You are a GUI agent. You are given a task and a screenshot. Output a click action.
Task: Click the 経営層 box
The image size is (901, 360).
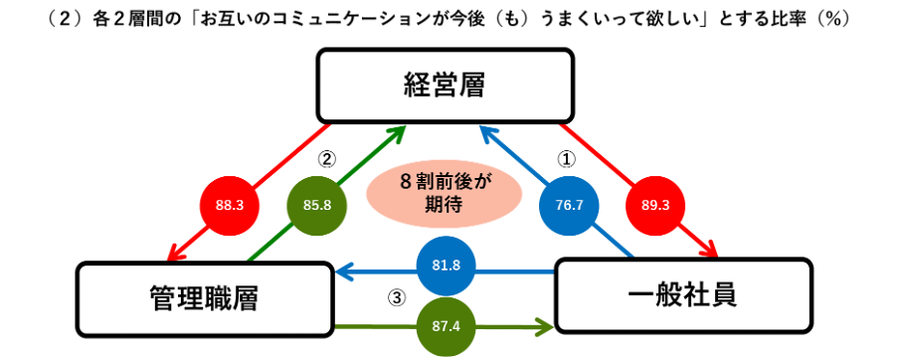[445, 87]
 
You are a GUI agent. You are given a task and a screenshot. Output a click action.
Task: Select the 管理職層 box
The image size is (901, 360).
[205, 298]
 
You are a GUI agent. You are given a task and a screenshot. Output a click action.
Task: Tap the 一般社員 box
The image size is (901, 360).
[683, 295]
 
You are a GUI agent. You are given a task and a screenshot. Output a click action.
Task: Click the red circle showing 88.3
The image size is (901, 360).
[230, 206]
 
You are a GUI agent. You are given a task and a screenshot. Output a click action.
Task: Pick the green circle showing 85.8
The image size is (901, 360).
[317, 206]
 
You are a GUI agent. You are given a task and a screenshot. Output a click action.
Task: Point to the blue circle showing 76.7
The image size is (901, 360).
[570, 206]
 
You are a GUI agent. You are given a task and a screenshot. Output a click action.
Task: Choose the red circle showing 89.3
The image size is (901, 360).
[655, 206]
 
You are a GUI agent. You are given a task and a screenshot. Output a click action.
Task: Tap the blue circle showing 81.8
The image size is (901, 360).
[446, 266]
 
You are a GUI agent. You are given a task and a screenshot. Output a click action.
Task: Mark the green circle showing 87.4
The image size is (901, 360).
[446, 327]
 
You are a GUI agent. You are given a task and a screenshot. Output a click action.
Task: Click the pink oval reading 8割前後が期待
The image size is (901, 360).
[444, 194]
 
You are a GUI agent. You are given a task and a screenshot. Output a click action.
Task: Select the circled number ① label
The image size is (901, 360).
[567, 159]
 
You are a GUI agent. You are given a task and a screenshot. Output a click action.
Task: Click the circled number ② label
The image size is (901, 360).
[326, 159]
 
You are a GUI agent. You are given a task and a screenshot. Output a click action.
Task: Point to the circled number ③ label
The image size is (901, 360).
[397, 297]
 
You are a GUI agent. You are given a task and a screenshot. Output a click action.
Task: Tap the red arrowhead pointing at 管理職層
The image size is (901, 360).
[175, 251]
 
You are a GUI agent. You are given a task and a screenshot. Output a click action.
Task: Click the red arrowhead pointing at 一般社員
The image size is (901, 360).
[710, 248]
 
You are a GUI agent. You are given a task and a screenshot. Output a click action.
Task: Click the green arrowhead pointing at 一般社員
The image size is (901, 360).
[546, 328]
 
